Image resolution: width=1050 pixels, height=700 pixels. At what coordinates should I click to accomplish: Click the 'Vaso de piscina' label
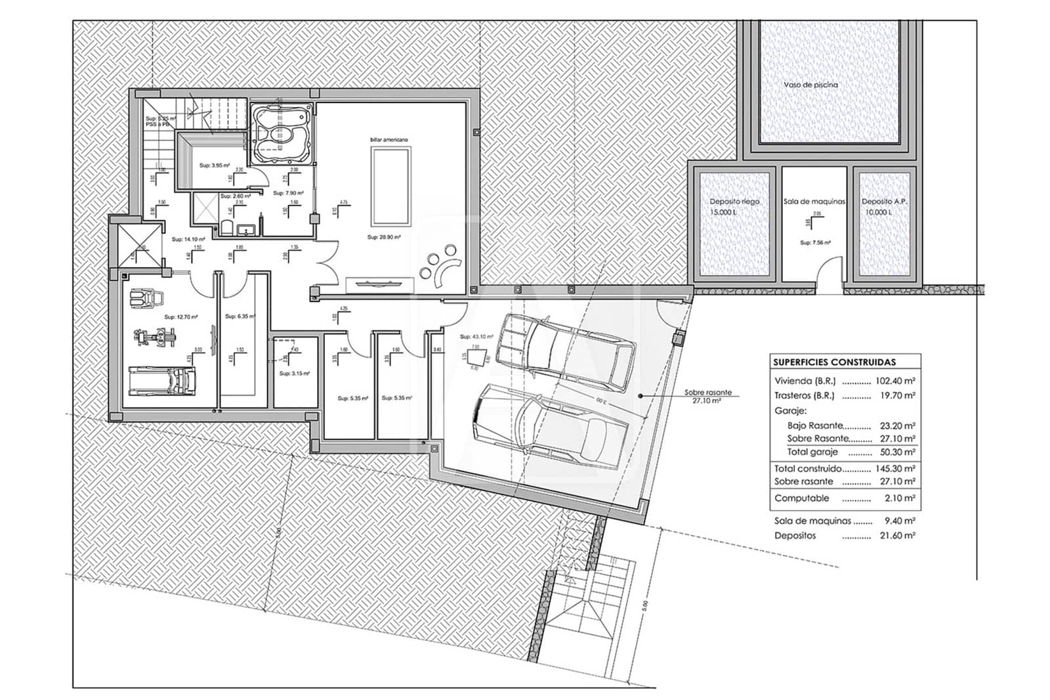tap(810, 85)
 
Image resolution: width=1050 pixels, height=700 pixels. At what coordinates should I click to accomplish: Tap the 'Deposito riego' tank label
tap(734, 202)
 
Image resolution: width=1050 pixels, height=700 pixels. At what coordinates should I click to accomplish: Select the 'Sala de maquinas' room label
tap(814, 202)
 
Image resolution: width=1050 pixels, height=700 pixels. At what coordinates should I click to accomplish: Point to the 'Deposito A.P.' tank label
tap(884, 202)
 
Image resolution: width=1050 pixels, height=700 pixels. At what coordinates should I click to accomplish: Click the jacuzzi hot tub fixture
tap(280, 133)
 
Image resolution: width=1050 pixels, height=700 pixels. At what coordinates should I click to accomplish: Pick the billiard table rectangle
tap(391, 186)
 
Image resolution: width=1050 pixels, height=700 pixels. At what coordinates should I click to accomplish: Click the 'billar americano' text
tap(388, 140)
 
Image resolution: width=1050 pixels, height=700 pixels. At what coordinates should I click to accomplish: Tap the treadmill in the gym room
tap(161, 380)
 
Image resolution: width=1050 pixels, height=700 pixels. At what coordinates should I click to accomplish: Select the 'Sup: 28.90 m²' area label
tap(384, 236)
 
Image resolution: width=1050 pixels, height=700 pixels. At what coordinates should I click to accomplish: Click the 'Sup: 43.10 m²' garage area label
tap(476, 336)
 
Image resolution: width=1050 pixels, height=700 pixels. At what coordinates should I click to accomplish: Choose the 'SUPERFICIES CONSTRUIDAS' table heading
tap(834, 362)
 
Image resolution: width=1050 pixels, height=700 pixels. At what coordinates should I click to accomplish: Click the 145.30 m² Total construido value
tap(895, 469)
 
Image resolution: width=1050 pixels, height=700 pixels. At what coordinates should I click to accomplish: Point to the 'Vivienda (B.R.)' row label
tap(805, 381)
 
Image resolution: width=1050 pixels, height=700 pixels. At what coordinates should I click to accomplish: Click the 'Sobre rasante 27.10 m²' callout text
tap(707, 396)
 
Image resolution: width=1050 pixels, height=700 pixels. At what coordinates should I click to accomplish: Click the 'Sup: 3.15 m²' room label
tap(294, 373)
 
